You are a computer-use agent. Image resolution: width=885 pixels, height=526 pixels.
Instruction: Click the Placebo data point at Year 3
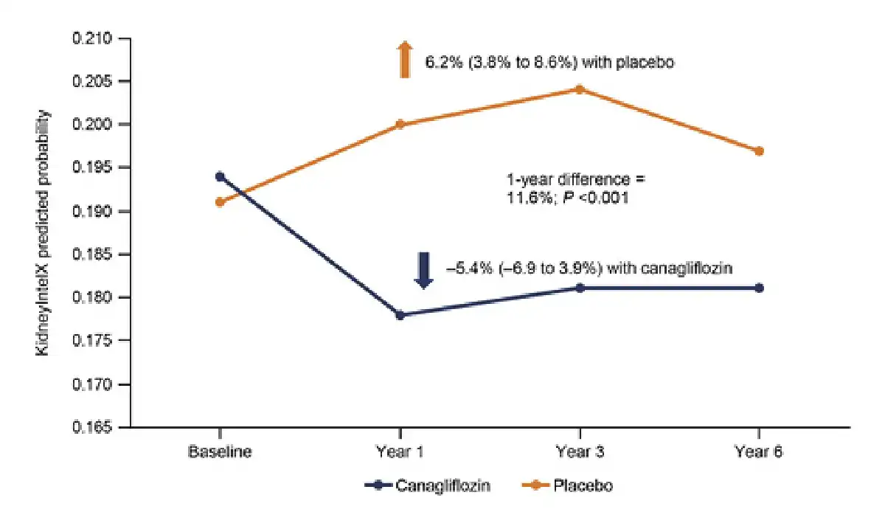579,89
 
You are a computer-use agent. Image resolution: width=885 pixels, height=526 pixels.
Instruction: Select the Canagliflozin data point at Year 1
400,315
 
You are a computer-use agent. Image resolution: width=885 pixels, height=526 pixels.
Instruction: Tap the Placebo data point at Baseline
220,201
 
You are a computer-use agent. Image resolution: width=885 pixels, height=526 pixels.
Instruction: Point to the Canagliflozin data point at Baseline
220,176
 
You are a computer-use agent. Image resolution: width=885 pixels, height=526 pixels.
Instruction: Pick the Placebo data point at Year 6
759,151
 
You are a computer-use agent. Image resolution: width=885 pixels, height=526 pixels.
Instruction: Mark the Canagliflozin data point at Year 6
759,288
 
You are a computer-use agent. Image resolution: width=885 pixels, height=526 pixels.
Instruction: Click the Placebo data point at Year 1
400,124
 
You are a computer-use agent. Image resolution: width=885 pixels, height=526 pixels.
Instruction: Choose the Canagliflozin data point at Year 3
579,288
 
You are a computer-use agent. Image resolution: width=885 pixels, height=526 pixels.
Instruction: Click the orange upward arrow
403,60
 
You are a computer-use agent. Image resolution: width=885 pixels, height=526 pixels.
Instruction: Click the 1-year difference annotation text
567,188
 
